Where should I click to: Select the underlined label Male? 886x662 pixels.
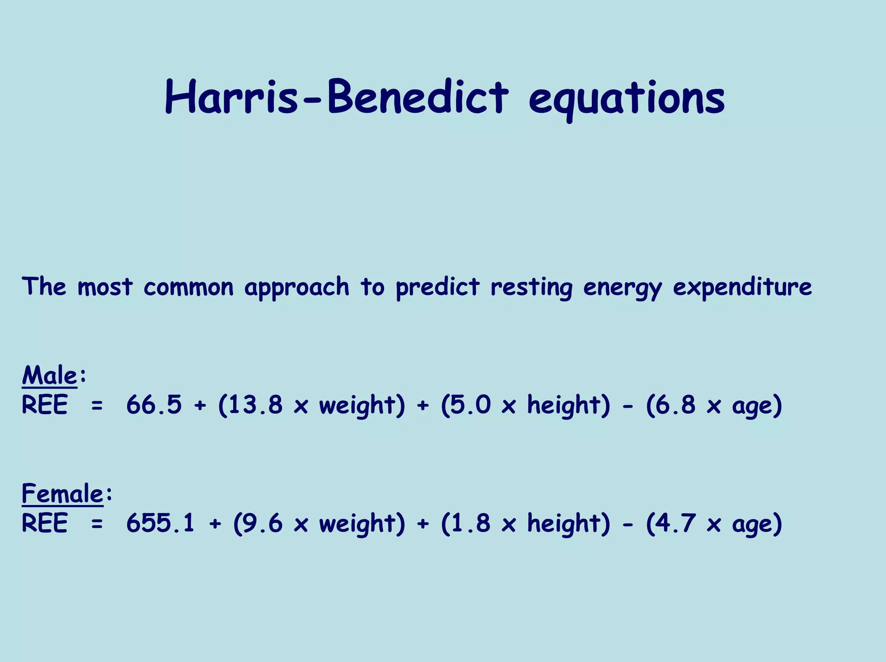[49, 375]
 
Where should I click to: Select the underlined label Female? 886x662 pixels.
[62, 493]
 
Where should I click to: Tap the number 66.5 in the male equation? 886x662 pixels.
[154, 405]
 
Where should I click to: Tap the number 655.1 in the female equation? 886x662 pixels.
[161, 523]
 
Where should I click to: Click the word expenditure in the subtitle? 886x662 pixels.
[742, 287]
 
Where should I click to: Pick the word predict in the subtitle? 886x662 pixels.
[437, 287]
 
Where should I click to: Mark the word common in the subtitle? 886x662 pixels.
[188, 287]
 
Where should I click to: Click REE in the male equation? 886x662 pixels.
[45, 405]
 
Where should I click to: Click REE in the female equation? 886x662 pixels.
[45, 523]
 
